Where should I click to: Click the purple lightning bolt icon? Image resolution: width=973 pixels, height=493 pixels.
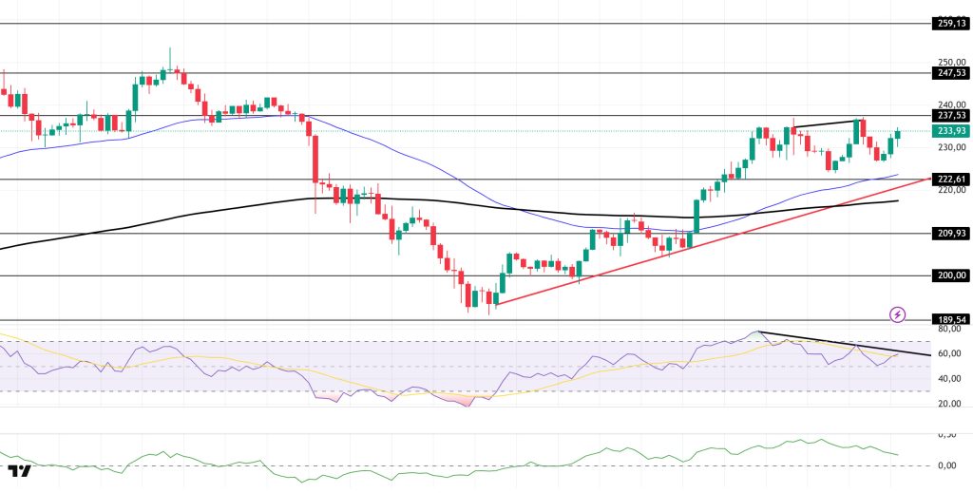click(897, 313)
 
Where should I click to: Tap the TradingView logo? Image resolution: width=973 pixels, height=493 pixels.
click(19, 471)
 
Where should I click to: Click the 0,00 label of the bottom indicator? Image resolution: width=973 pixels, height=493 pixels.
click(946, 465)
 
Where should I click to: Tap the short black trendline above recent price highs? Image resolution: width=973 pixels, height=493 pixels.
click(828, 123)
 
